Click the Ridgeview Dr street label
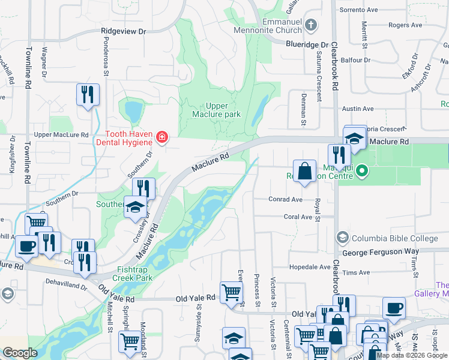point(124,31)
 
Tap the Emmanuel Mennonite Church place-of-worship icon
point(310,25)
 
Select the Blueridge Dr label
point(307,44)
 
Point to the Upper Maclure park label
point(216,110)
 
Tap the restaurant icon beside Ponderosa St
point(88,95)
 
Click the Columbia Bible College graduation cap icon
point(342,236)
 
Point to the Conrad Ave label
point(286,199)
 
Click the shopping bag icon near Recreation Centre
point(304,170)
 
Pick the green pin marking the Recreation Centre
point(361,172)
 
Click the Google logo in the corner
point(20,353)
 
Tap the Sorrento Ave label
point(359,10)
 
